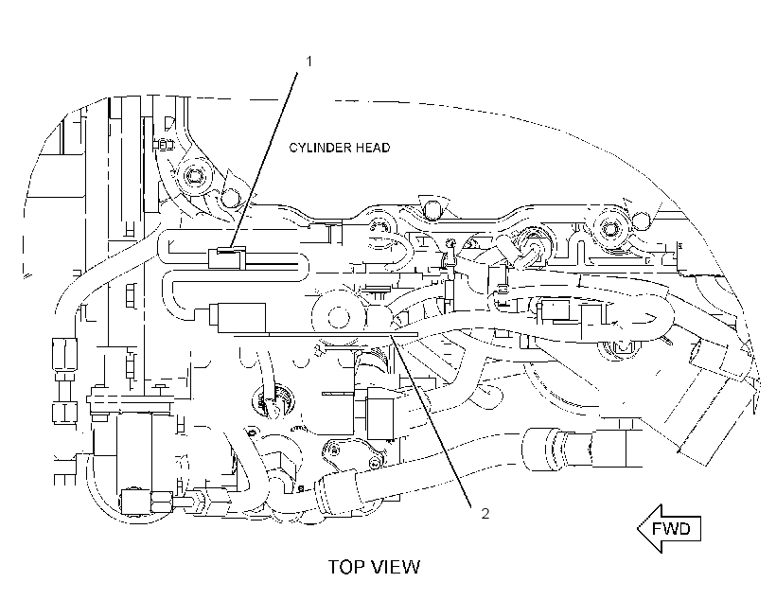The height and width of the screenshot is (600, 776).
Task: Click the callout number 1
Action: (309, 62)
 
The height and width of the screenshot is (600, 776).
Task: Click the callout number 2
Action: (485, 513)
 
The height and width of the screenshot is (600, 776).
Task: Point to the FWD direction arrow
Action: (669, 529)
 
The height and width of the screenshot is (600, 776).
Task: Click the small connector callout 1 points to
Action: (227, 258)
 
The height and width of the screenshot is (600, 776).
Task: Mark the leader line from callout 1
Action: (264, 159)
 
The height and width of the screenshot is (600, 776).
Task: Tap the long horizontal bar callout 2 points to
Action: (326, 335)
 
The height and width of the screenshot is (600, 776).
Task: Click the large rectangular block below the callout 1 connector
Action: (238, 317)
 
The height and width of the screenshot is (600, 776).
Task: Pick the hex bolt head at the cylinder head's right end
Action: (609, 229)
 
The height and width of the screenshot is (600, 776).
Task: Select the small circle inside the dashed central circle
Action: (339, 317)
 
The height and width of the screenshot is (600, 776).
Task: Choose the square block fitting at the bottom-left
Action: (135, 502)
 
